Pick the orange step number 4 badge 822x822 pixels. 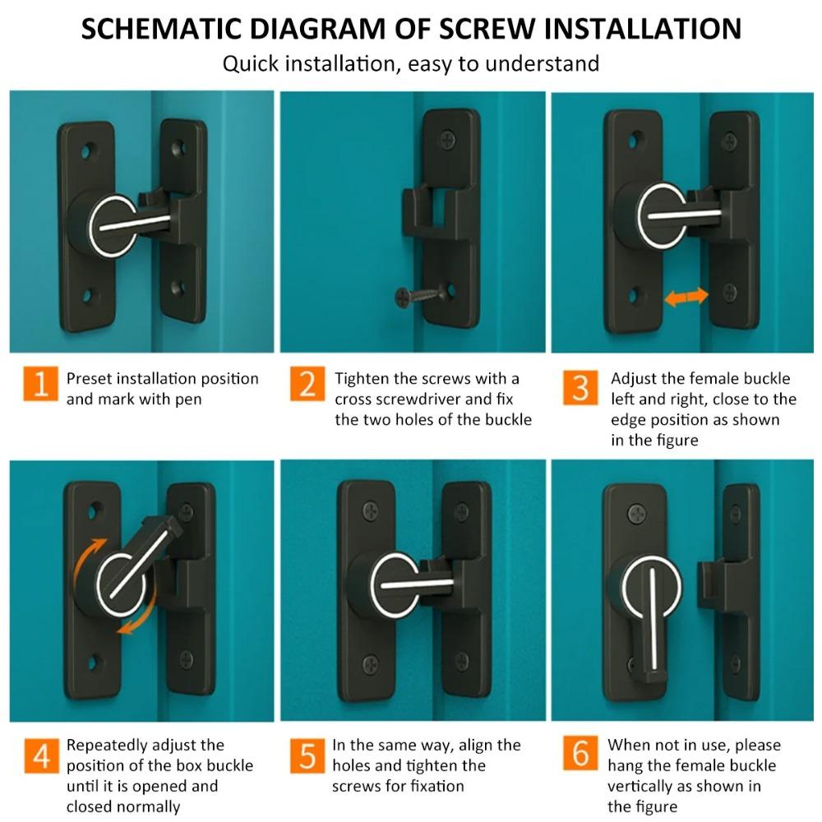pyautogui.click(x=39, y=755)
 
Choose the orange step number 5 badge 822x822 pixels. pyautogui.click(x=307, y=755)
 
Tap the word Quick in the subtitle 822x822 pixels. pyautogui.click(x=252, y=63)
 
